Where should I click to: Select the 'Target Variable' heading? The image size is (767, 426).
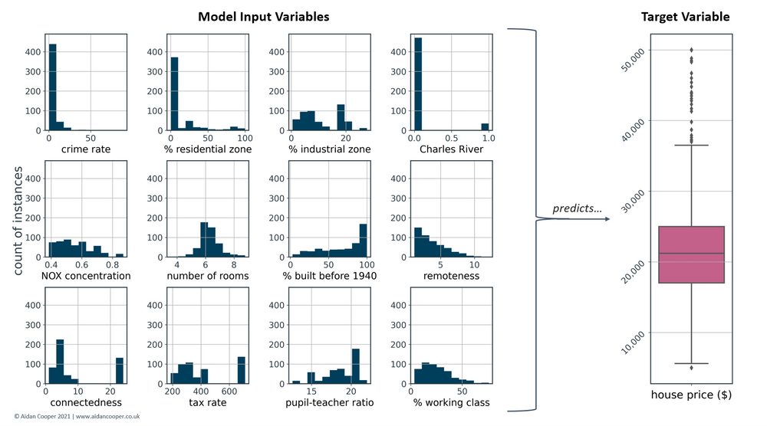(x=686, y=16)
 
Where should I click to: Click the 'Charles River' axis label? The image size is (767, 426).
(x=451, y=149)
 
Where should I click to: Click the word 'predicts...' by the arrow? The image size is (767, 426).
(x=575, y=209)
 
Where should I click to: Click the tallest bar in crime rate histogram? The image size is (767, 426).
(x=52, y=88)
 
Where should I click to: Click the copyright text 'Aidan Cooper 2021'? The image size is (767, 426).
(x=38, y=417)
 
